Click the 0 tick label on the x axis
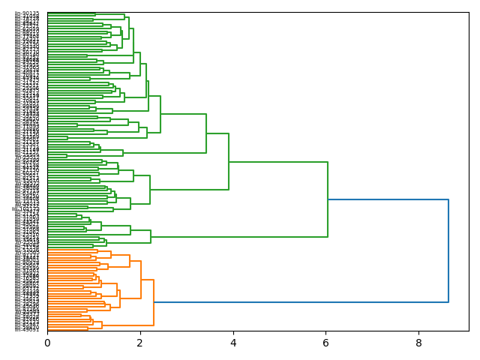click(x=47, y=343)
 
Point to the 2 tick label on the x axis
click(x=140, y=343)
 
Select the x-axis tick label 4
click(x=233, y=343)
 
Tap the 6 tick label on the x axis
click(x=326, y=343)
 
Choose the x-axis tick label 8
click(x=419, y=343)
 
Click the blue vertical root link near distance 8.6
click(x=448, y=250)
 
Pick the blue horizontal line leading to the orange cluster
click(x=300, y=302)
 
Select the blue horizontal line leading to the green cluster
click(x=388, y=199)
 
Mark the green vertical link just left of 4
click(x=229, y=161)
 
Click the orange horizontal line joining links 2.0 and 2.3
click(x=147, y=280)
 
